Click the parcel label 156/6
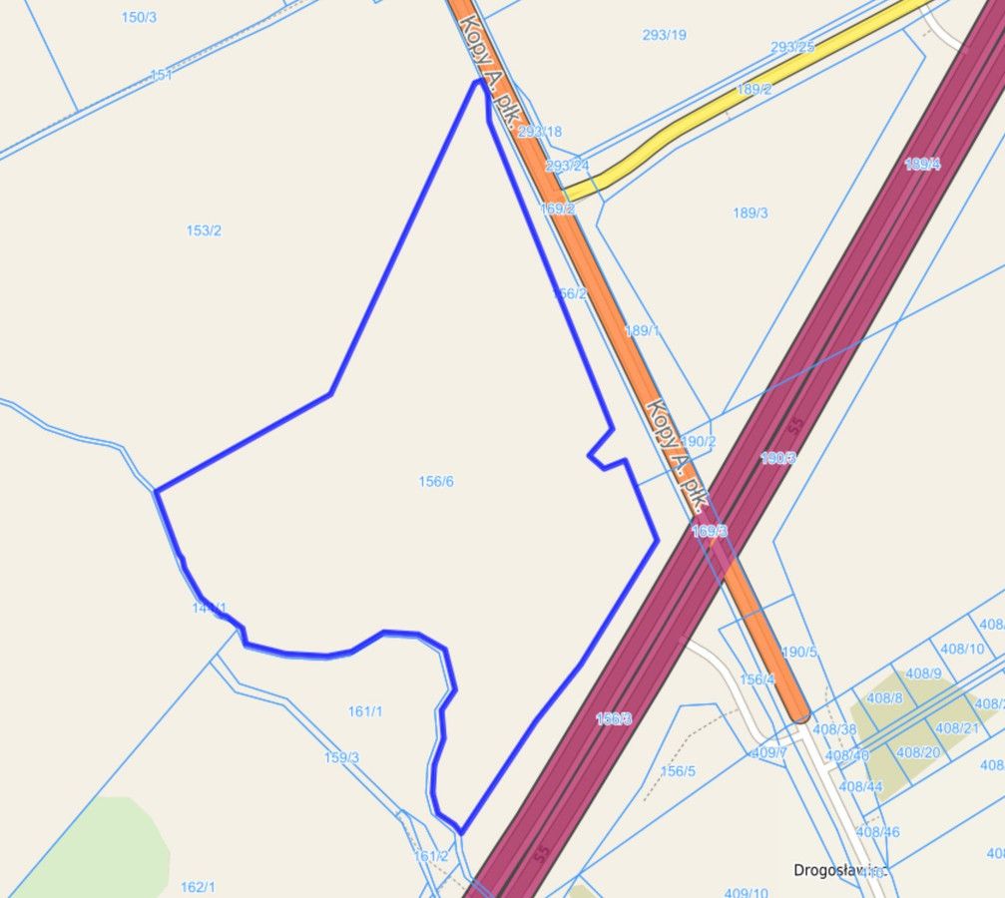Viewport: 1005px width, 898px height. [x=436, y=482]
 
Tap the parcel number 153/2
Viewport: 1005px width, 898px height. [x=204, y=230]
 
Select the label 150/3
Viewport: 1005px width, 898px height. [x=139, y=17]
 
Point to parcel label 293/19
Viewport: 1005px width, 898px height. [x=664, y=35]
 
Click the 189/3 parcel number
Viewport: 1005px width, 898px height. [x=750, y=213]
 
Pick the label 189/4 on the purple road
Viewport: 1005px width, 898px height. [x=922, y=164]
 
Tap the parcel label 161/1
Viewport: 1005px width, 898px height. [x=365, y=711]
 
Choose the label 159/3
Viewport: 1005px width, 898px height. [x=341, y=757]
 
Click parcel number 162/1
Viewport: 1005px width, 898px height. [x=198, y=887]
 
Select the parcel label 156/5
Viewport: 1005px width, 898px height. [x=678, y=771]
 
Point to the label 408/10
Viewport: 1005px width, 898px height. [x=962, y=649]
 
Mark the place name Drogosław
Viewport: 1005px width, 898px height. [x=830, y=869]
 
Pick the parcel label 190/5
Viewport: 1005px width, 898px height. [x=799, y=653]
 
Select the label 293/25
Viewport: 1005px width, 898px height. [x=792, y=47]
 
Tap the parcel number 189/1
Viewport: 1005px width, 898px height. [x=643, y=331]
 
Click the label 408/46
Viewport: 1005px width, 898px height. [x=877, y=831]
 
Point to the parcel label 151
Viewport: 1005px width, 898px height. [x=161, y=75]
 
